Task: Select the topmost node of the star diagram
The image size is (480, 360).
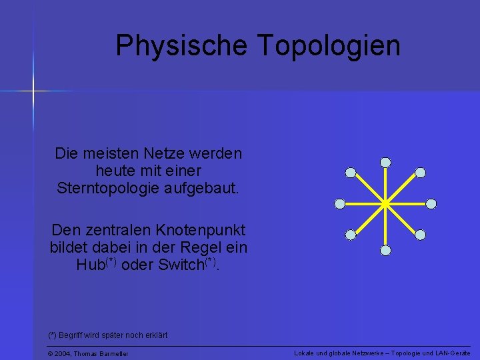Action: tap(385, 162)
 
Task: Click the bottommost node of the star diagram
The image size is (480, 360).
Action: tap(385, 251)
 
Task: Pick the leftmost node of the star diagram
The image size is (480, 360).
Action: tap(340, 203)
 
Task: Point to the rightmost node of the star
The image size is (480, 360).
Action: tap(431, 203)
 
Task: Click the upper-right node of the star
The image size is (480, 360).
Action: tap(420, 173)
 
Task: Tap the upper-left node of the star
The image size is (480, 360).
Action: tap(351, 173)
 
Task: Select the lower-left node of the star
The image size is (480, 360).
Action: tap(351, 234)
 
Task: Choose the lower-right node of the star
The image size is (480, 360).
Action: tap(420, 234)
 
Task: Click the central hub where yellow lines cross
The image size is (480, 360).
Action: tap(385, 203)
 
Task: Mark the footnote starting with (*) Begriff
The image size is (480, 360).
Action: tap(107, 335)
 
